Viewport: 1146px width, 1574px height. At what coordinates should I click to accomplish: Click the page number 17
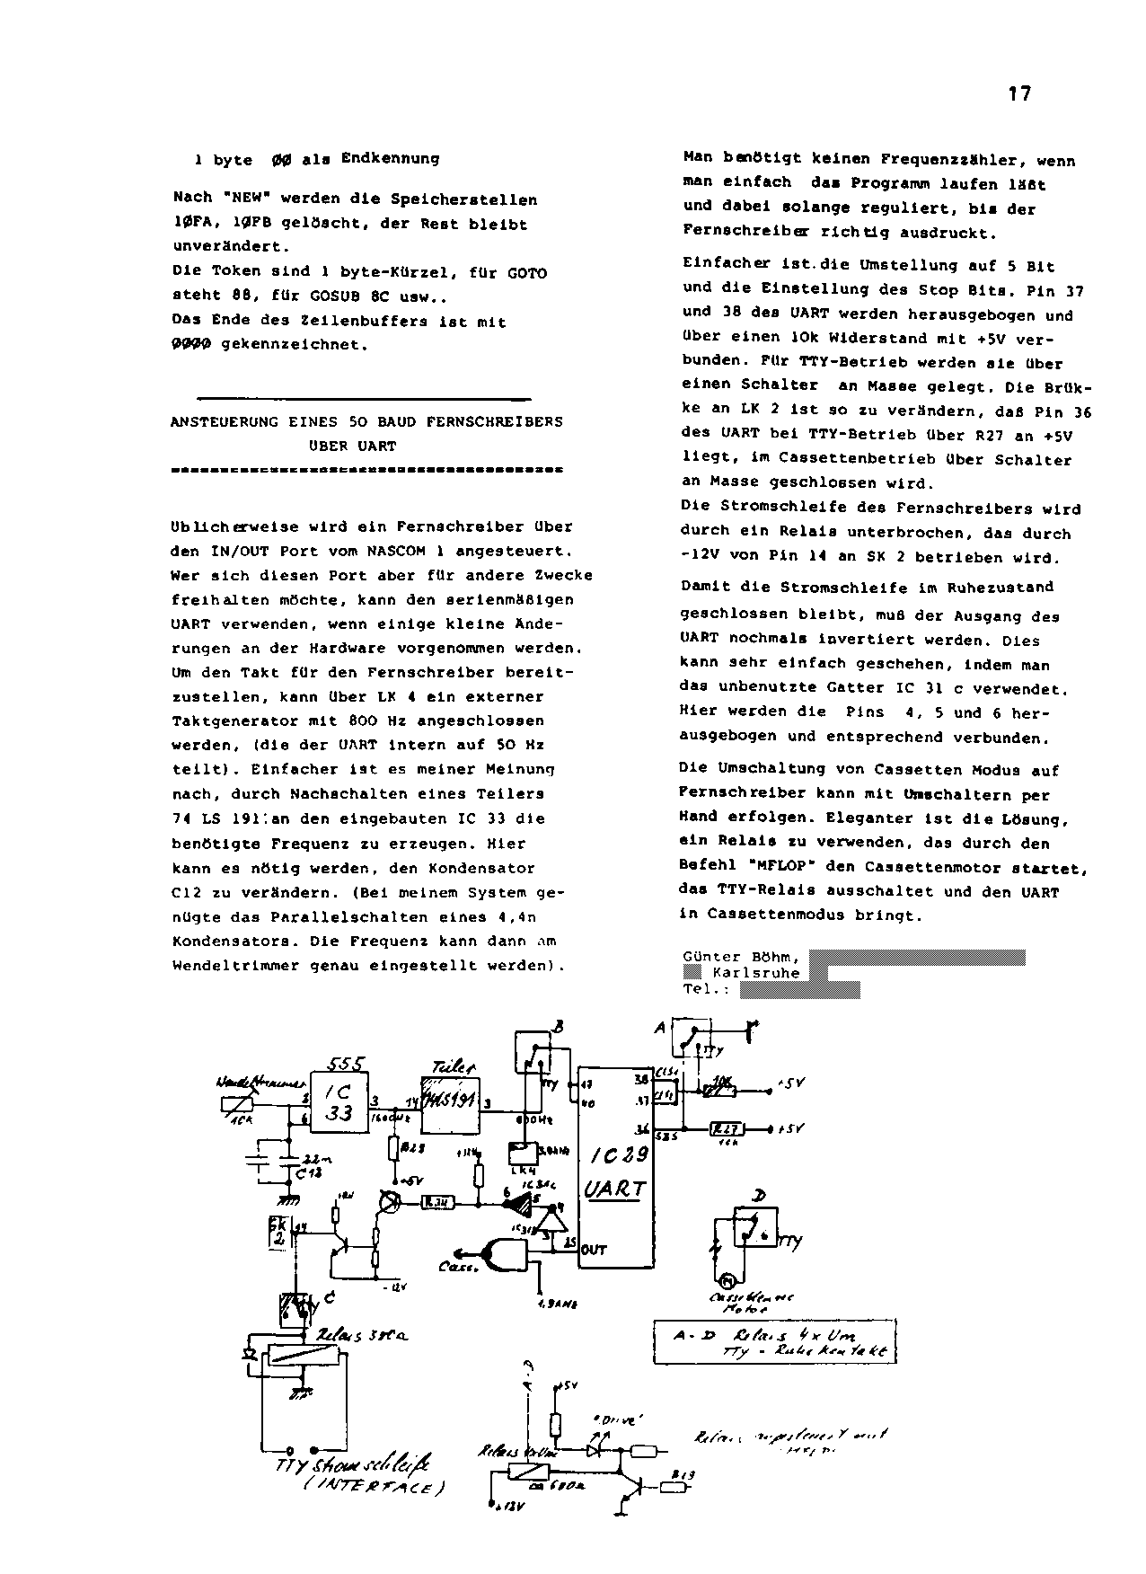pos(1019,93)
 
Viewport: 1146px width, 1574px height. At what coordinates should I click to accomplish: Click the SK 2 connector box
pos(278,1235)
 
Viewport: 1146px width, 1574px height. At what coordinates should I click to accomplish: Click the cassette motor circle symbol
pos(728,1281)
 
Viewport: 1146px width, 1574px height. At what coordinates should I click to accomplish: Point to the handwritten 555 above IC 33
pos(346,1064)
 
